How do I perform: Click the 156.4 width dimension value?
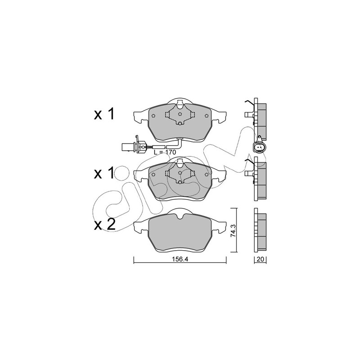click(x=180, y=259)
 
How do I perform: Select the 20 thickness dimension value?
click(x=260, y=260)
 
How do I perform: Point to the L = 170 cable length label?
click(x=165, y=152)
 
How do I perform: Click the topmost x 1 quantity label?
click(x=104, y=114)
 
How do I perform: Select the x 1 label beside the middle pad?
click(x=104, y=173)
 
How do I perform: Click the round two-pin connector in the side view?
click(x=259, y=148)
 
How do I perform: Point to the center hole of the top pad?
click(x=180, y=114)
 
